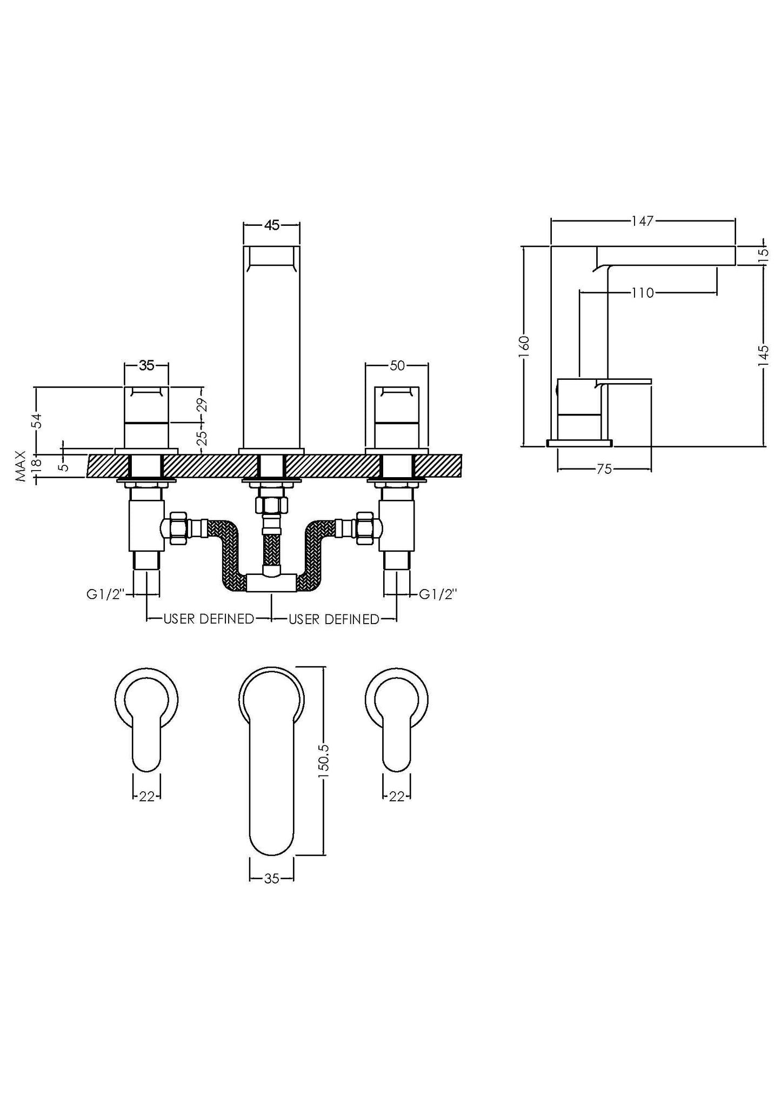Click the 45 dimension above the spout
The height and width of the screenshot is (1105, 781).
(272, 225)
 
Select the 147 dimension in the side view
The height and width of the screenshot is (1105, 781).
(642, 220)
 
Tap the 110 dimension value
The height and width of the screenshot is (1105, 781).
(642, 293)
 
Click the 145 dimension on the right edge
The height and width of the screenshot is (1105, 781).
(764, 356)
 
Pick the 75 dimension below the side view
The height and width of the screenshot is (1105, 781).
(604, 470)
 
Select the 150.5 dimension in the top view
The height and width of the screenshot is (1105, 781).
(324, 761)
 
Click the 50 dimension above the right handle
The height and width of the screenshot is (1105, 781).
(397, 366)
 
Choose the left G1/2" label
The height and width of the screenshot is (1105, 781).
(106, 594)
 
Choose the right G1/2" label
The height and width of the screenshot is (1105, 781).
(438, 594)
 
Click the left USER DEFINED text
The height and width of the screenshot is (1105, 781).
(209, 619)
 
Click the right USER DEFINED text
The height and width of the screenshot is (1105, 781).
(334, 619)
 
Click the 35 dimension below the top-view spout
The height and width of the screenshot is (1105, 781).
(271, 879)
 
